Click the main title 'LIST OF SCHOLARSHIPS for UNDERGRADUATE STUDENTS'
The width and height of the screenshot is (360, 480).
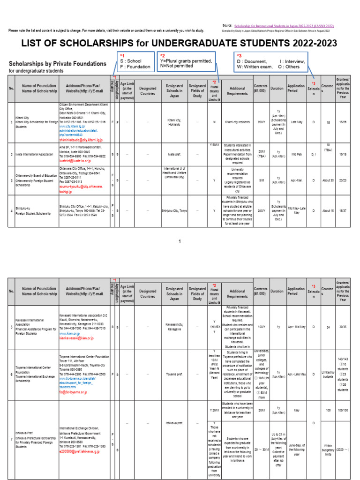180,44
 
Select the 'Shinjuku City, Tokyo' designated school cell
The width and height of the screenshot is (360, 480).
174,210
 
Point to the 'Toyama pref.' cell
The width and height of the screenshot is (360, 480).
174,375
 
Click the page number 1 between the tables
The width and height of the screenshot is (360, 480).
179,241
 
